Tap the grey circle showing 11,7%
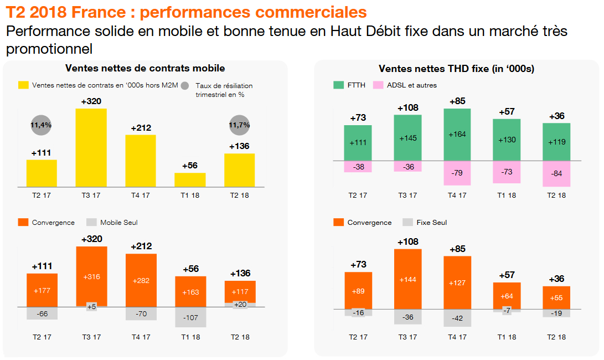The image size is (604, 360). point(239,125)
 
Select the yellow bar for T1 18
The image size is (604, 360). point(190,179)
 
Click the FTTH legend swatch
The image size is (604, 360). point(338,85)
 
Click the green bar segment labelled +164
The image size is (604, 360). point(457,134)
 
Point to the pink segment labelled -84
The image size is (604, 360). point(556,174)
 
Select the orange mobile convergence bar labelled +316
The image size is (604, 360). point(91,276)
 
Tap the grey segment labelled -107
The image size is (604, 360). point(190,317)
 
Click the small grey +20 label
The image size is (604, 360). point(240,304)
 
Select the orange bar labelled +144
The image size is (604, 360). point(408,279)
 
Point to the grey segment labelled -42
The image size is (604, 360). point(457,318)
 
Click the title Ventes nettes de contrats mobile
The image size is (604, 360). point(145,68)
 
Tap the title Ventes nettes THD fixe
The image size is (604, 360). point(456,69)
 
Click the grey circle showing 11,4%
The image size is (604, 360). point(41,125)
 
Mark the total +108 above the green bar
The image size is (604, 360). point(408,107)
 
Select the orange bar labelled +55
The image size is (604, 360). point(556,297)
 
